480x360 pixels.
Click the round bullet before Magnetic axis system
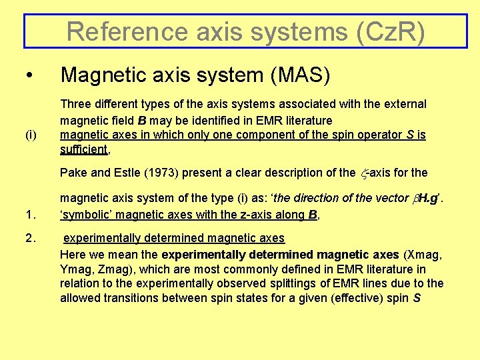[x=27, y=76]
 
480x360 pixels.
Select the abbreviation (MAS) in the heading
[x=300, y=76]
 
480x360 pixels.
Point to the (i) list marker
[x=31, y=135]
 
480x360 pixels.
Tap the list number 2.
[x=30, y=238]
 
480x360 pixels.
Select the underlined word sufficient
[x=84, y=149]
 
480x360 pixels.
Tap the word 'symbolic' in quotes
[x=85, y=215]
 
